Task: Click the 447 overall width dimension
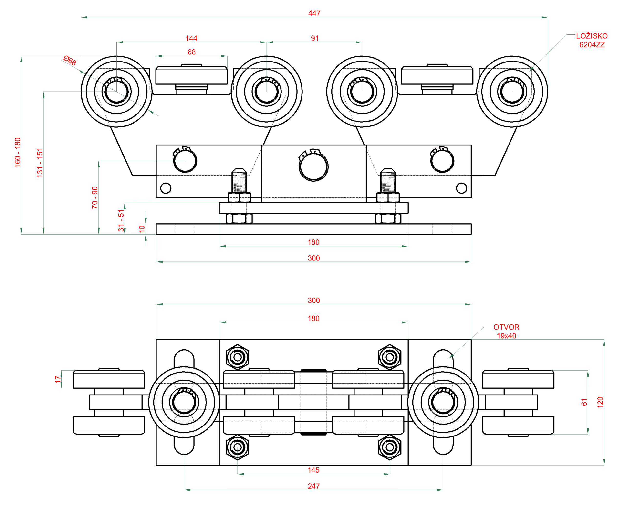coord(314,13)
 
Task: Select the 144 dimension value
coord(191,38)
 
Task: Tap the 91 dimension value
coord(314,38)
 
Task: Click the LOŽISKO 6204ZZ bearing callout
coord(591,40)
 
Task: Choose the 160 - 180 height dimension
coord(18,153)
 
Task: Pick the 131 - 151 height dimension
coord(40,163)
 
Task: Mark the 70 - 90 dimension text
coord(95,197)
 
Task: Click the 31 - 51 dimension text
coord(121,220)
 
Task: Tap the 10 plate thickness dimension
coord(142,229)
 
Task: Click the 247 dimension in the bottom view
coord(313,486)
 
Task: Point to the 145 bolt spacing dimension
coord(313,470)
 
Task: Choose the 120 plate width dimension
coord(600,402)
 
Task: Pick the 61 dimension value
coord(584,402)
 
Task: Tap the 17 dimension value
coord(57,379)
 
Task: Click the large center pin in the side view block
coord(313,167)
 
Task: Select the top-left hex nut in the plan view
coord(238,357)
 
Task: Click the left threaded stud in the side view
coord(239,181)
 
